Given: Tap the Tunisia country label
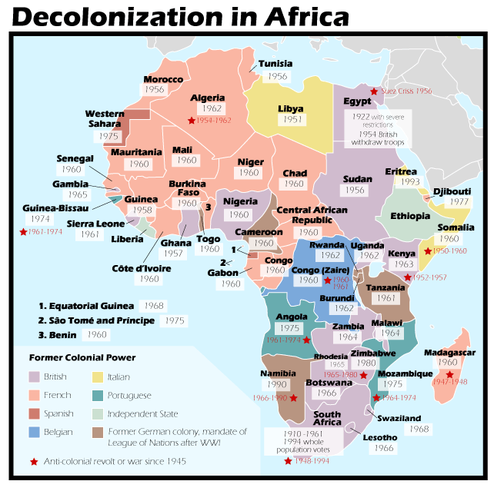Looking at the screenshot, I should (275, 64).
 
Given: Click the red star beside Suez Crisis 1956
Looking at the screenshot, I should (375, 91).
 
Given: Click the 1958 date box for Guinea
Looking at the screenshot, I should (141, 211).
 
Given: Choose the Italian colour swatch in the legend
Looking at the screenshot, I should (98, 377).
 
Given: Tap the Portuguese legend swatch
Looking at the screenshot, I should (98, 395).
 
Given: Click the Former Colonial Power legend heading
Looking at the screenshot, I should (82, 357).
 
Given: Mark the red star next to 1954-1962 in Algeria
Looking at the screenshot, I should (191, 121).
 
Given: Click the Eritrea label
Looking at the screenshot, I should (401, 171).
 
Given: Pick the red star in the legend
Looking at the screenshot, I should (33, 462).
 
